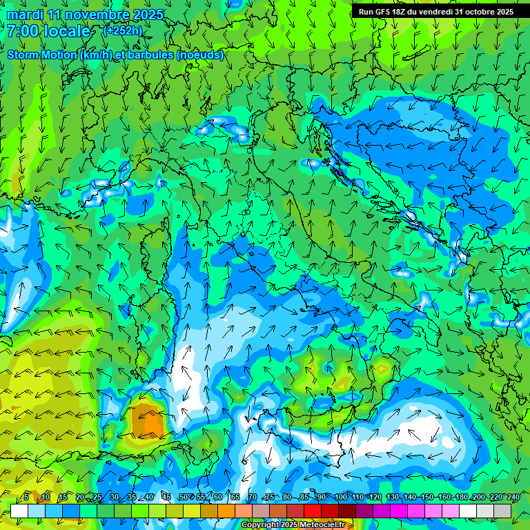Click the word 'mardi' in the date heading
[23, 14]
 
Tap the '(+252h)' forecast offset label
[122, 30]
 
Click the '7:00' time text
[22, 31]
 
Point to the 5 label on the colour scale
[26, 497]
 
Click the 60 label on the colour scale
[218, 497]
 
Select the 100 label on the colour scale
[340, 497]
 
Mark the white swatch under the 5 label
[19, 511]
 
